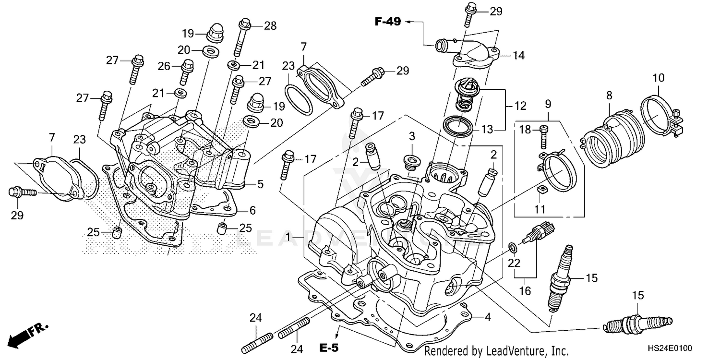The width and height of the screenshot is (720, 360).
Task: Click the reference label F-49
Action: click(387, 22)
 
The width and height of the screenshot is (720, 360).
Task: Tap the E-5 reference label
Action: click(329, 348)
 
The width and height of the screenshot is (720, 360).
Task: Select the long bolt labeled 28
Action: click(241, 38)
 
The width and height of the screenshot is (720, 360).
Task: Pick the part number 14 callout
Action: click(519, 56)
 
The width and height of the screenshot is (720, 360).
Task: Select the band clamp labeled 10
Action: click(660, 113)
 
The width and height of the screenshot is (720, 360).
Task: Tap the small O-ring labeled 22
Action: click(513, 248)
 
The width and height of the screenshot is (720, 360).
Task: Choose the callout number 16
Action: click(525, 291)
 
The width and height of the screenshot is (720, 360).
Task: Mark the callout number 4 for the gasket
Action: click(488, 317)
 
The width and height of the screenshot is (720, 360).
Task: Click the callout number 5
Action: click(260, 183)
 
